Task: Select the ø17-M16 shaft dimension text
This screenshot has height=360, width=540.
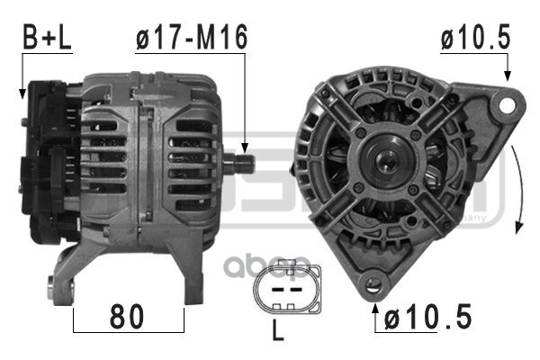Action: [x=191, y=37]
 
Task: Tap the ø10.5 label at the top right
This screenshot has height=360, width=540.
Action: [x=475, y=37]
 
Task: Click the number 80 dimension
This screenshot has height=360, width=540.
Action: [x=128, y=318]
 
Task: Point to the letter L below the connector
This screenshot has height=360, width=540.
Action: [x=277, y=331]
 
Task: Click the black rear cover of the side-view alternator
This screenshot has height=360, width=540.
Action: [x=45, y=162]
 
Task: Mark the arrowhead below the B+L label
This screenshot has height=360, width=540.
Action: [x=22, y=92]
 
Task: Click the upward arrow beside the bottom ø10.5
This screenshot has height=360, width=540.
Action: [x=375, y=310]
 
